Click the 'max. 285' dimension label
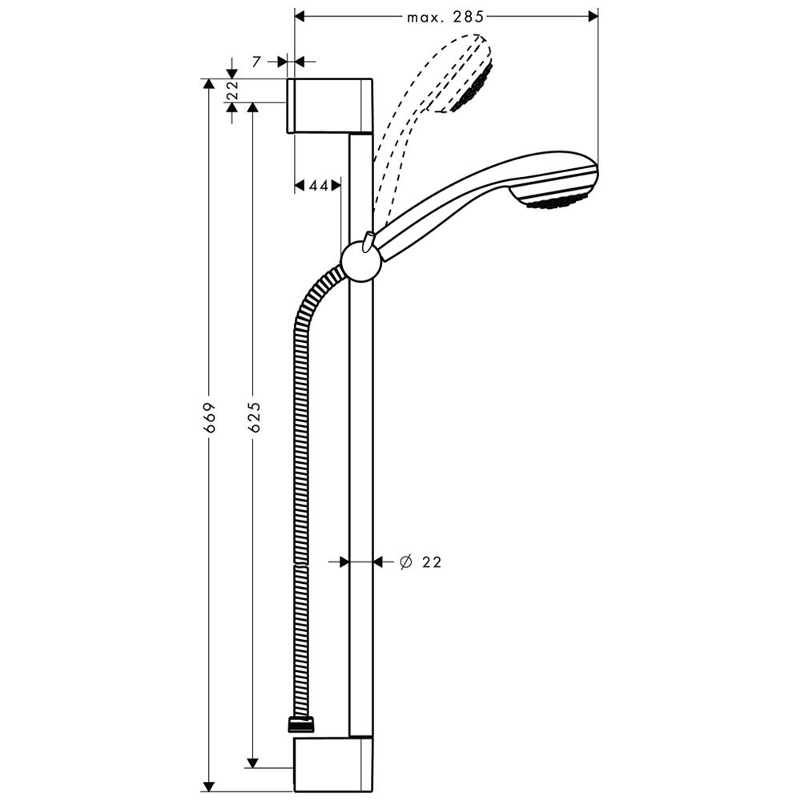pos(445,18)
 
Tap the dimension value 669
pos(209,418)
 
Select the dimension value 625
pos(255,418)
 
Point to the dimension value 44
pos(319,186)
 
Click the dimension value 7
pos(256,62)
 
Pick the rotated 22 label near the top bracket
pos(232,90)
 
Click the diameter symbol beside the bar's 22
pos(406,562)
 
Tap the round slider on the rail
pos(361,262)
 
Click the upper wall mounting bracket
pos(331,107)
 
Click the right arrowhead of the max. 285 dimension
pos(593,17)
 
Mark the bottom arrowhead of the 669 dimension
pos(208,787)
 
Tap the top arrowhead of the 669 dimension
pos(208,84)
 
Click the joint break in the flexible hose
pos(302,565)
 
